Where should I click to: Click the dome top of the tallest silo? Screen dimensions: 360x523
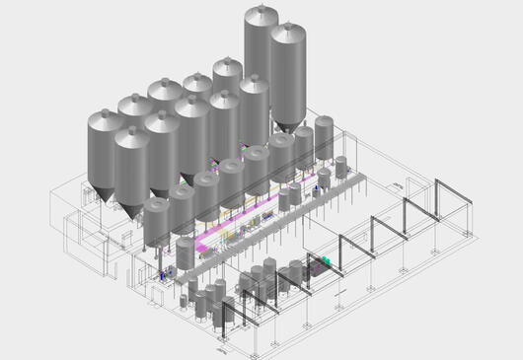261,14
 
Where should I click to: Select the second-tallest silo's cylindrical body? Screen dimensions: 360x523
288,74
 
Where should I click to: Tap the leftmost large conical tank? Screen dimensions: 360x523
107,153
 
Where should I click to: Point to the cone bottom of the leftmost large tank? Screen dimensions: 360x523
107,192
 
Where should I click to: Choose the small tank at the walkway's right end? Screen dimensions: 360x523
341,167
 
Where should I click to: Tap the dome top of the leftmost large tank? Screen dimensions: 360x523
106,119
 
